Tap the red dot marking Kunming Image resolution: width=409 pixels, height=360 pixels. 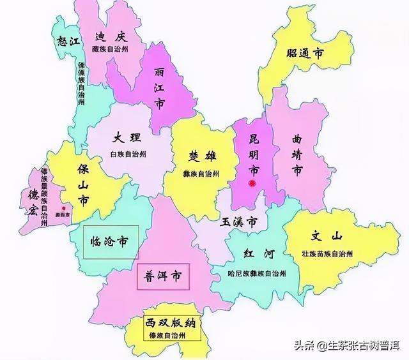click(253, 184)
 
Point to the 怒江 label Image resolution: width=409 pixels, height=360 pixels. click(67, 41)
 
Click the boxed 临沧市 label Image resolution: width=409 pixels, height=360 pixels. click(110, 241)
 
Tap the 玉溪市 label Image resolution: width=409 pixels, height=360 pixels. click(238, 223)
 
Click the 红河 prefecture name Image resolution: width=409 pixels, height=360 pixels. click(258, 255)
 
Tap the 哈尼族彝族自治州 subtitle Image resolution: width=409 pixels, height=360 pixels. click(256, 273)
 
